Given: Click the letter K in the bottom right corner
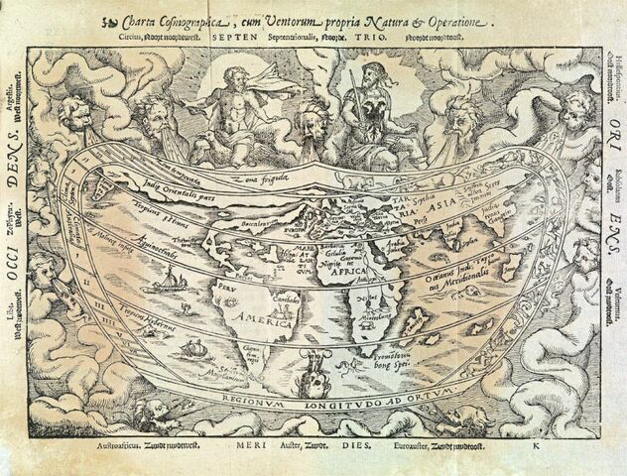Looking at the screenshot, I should coord(533,448).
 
